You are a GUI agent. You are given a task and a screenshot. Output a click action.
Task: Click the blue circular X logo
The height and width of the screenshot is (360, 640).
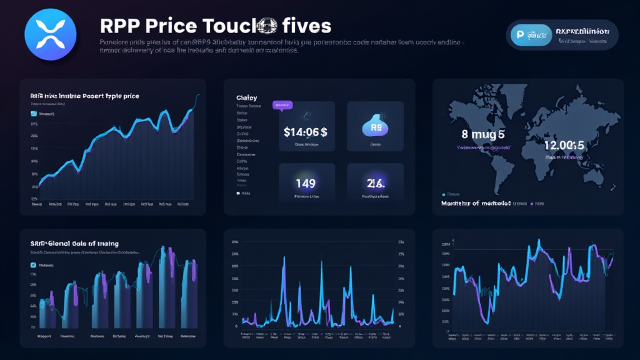click(49, 34)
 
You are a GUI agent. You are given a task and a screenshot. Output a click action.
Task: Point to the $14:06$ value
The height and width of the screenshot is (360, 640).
click(306, 132)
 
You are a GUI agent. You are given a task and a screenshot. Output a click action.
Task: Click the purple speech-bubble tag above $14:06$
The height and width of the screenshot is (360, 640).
click(282, 105)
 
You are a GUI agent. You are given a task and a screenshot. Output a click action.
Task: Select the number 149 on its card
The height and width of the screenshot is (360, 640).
click(306, 182)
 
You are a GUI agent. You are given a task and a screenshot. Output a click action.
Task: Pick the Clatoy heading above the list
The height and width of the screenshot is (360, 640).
click(246, 97)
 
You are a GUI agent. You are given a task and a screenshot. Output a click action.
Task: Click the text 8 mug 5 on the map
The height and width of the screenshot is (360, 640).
click(483, 134)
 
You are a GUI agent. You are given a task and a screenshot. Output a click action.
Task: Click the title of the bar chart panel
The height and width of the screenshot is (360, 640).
click(74, 243)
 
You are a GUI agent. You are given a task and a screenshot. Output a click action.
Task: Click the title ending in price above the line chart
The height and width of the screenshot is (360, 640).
click(84, 96)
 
